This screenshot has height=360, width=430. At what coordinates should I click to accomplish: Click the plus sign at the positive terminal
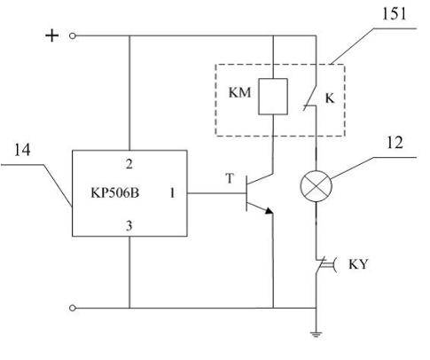pyautogui.click(x=52, y=35)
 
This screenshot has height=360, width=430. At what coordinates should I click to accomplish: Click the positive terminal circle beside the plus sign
pyautogui.click(x=73, y=35)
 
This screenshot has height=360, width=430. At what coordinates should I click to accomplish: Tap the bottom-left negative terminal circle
pyautogui.click(x=73, y=308)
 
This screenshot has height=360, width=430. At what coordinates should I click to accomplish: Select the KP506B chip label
pyautogui.click(x=114, y=193)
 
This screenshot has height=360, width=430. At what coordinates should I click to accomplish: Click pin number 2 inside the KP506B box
pyautogui.click(x=129, y=164)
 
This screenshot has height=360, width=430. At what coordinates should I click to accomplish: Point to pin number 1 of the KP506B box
pyautogui.click(x=172, y=193)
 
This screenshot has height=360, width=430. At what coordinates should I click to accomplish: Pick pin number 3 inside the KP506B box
pyautogui.click(x=129, y=226)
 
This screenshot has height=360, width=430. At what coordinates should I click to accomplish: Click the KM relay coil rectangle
pyautogui.click(x=273, y=97)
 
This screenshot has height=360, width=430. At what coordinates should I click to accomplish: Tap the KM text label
pyautogui.click(x=239, y=92)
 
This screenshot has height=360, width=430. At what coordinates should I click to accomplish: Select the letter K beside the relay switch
pyautogui.click(x=330, y=98)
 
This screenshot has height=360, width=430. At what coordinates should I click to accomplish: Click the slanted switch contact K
pyautogui.click(x=310, y=98)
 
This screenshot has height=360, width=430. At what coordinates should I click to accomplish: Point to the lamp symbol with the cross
pyautogui.click(x=317, y=186)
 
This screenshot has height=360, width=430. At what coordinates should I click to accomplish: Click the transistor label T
pyautogui.click(x=230, y=178)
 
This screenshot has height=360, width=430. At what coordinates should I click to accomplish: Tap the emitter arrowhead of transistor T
pyautogui.click(x=269, y=210)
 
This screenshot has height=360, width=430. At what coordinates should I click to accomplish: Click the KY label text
pyautogui.click(x=358, y=264)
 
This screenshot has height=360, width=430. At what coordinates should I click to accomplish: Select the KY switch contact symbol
pyautogui.click(x=324, y=264)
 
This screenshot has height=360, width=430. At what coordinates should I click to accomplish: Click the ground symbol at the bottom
pyautogui.click(x=317, y=334)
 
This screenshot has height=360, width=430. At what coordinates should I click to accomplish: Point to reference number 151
pyautogui.click(x=394, y=13)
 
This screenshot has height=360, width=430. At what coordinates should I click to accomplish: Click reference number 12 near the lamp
pyautogui.click(x=395, y=143)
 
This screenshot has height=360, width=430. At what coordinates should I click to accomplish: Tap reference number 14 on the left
pyautogui.click(x=22, y=150)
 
